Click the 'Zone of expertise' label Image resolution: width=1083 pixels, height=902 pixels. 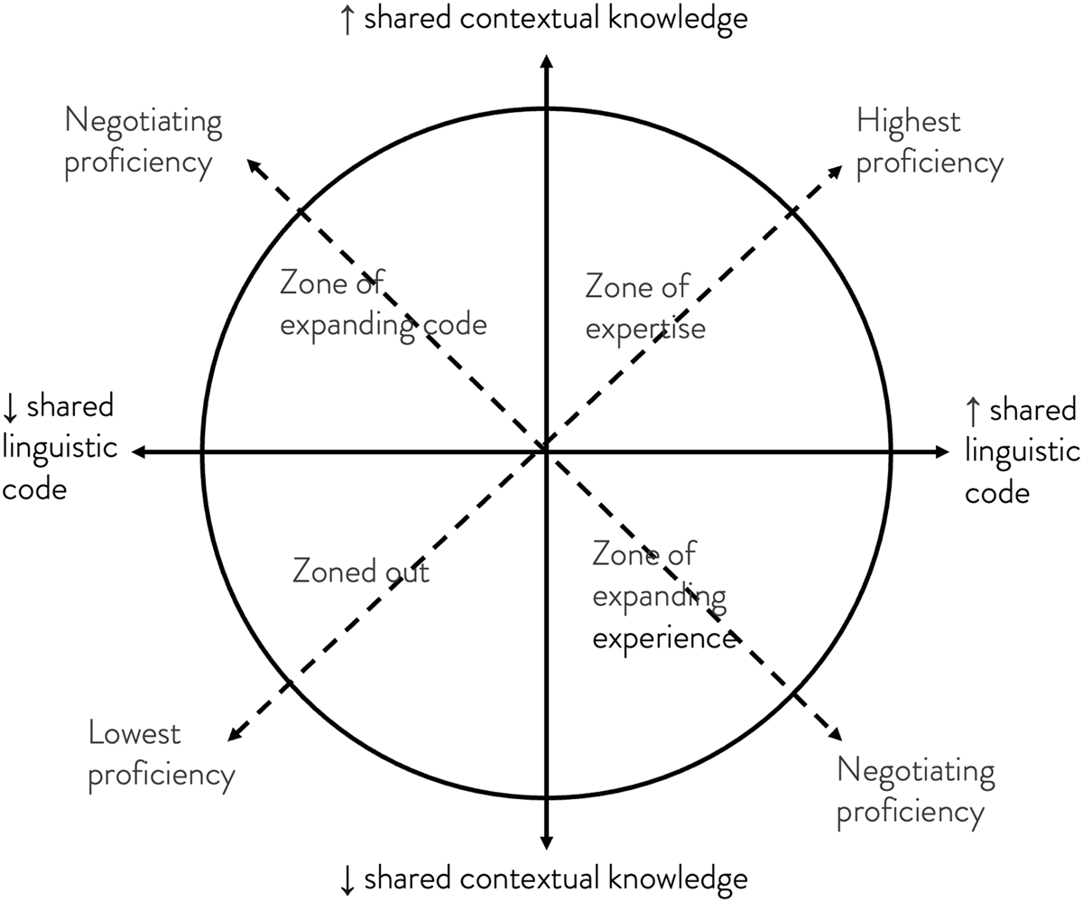[644, 308]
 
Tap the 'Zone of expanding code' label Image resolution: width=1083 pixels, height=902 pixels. [382, 304]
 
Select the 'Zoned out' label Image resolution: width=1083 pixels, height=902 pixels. [361, 572]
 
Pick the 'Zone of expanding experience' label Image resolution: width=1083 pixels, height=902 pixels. [664, 596]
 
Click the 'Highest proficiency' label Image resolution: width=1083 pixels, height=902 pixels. [929, 142]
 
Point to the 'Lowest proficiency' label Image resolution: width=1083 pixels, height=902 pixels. [161, 754]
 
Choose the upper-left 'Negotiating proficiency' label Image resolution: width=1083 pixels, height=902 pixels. [143, 142]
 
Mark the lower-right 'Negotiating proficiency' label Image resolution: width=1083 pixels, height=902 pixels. [915, 792]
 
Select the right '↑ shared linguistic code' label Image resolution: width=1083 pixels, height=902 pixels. [1021, 451]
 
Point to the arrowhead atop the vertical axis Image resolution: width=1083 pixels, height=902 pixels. [545, 61]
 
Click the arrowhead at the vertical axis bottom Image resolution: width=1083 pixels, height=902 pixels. [545, 842]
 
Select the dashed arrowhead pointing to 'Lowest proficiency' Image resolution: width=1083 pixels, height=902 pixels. [233, 736]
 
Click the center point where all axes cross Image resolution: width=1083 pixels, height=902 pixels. [545, 449]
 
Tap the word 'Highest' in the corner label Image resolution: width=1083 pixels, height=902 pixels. [908, 121]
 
